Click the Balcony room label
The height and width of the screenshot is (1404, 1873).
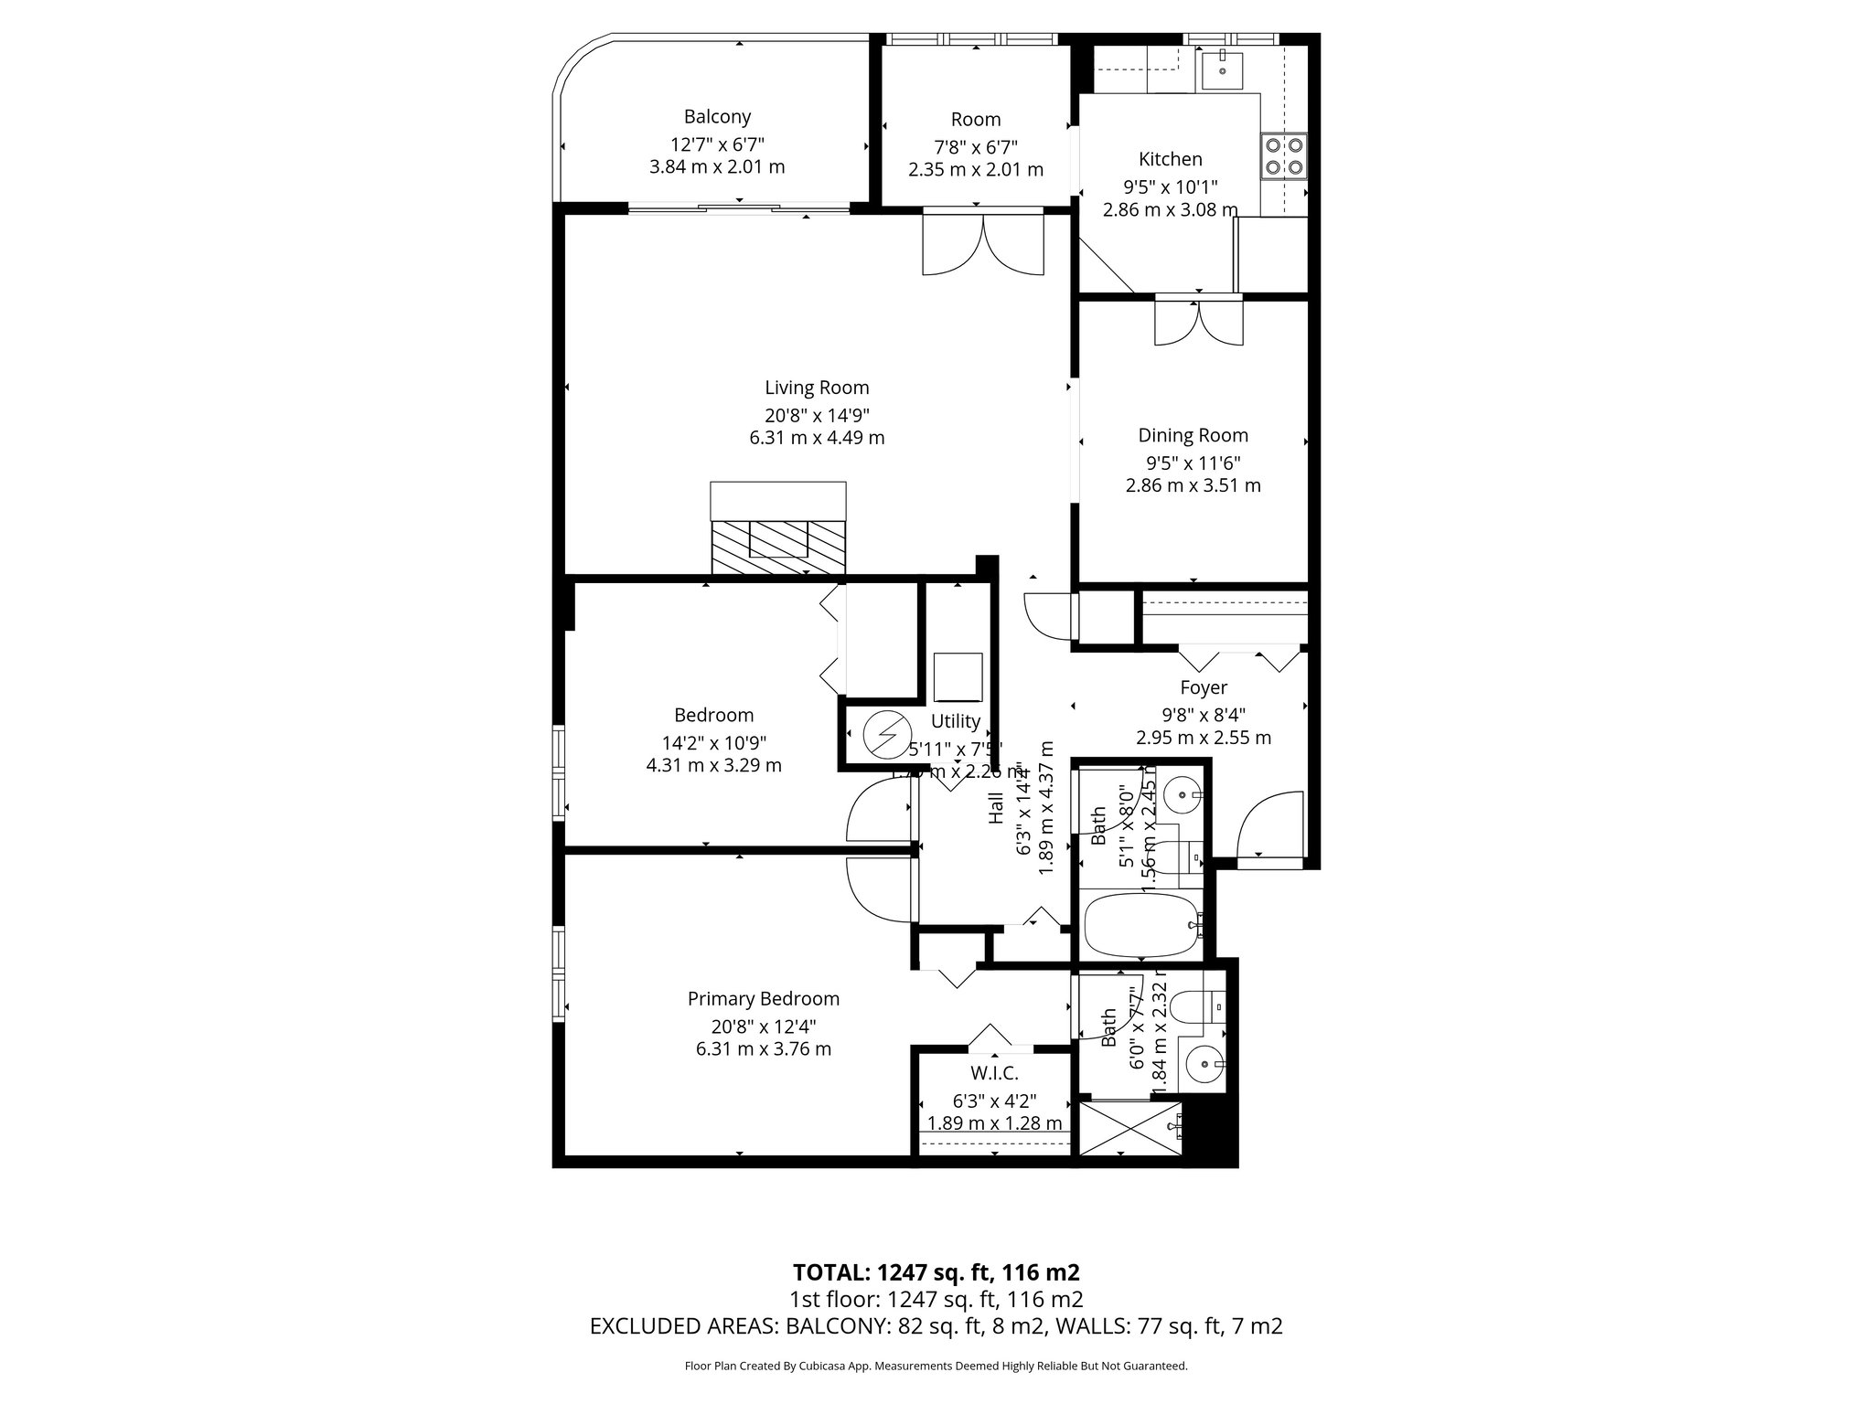pos(717,117)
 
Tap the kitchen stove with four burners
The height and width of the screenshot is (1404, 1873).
pos(1283,155)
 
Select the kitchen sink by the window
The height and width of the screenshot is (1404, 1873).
pos(1222,66)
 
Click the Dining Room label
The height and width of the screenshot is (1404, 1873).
pos(1193,436)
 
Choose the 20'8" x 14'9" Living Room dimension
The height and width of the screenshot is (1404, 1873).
pos(817,413)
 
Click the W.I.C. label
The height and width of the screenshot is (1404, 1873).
pos(994,1073)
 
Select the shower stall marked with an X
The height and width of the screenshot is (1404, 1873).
pos(1129,1128)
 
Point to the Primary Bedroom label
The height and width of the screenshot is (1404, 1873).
pos(763,999)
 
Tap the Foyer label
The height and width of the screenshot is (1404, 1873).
pos(1203,687)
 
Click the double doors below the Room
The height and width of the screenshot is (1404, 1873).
pos(983,243)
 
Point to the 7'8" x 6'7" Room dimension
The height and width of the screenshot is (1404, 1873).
pos(976,146)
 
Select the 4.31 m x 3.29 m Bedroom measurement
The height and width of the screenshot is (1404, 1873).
pos(713,765)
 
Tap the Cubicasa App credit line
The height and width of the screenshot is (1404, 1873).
pos(936,1366)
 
